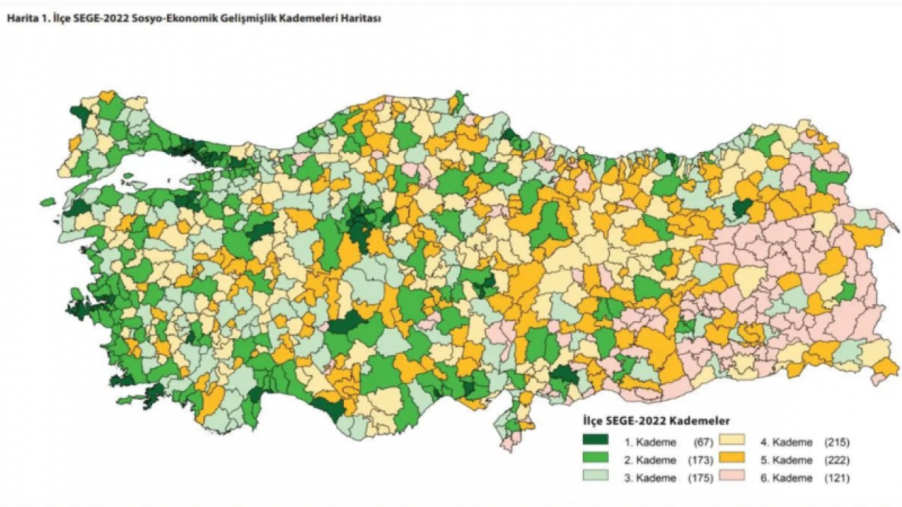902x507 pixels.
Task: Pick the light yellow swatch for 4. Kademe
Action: click(x=732, y=442)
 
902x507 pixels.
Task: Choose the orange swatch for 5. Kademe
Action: click(x=732, y=460)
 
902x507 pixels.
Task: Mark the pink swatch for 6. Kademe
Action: click(x=732, y=477)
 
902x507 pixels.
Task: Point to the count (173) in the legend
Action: click(x=701, y=461)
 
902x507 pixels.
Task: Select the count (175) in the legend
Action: click(x=701, y=478)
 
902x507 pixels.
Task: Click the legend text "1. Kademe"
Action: click(x=650, y=443)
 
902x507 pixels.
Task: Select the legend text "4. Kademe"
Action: click(x=786, y=443)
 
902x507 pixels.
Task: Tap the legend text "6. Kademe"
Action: click(x=786, y=478)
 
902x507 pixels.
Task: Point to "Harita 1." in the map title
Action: click(x=25, y=20)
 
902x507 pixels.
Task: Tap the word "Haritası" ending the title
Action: click(x=361, y=20)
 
